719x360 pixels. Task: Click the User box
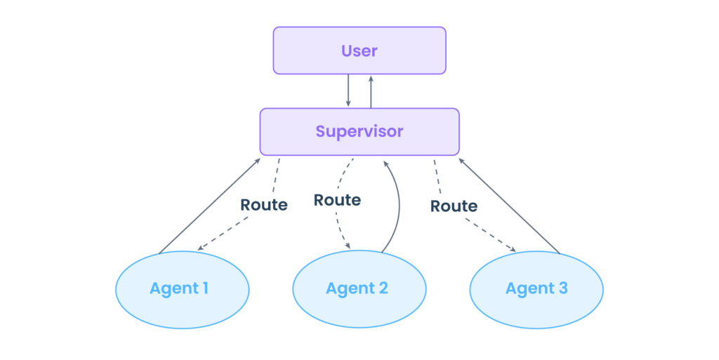[x=359, y=51]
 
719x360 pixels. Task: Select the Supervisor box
[x=359, y=132]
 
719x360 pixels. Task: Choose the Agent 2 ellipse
[x=359, y=288]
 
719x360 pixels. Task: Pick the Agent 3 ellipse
[x=536, y=288]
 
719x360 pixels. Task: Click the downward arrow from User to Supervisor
[x=348, y=91]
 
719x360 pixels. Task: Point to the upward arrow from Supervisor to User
[x=371, y=91]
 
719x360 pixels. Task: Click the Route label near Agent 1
[x=263, y=206]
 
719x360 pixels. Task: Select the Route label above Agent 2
[x=337, y=200]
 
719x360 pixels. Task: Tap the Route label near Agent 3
[x=454, y=206]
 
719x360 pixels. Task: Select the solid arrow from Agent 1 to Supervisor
[x=211, y=204]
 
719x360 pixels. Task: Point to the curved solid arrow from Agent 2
[x=399, y=204]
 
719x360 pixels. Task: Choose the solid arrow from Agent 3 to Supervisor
[x=509, y=204]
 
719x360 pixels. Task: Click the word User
[x=359, y=51]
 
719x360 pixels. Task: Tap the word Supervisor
[x=359, y=132]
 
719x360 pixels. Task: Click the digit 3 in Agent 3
[x=562, y=288]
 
